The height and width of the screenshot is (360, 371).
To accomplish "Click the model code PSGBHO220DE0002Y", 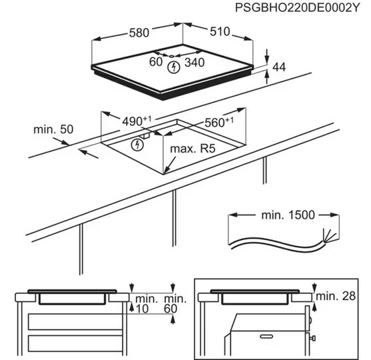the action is pyautogui.click(x=297, y=8).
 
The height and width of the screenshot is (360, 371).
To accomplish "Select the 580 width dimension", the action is pyautogui.click(x=139, y=33).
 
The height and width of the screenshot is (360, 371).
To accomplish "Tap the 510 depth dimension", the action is pyautogui.click(x=220, y=31).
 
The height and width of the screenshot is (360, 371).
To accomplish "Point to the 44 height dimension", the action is pyautogui.click(x=279, y=67).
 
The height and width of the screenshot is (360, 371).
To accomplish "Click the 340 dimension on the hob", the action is pyautogui.click(x=194, y=63).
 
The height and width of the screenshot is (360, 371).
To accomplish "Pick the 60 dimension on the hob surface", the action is pyautogui.click(x=156, y=62).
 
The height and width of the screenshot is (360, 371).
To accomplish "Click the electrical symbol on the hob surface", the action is pyautogui.click(x=174, y=67).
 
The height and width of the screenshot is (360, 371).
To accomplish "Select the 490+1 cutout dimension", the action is pyautogui.click(x=137, y=121).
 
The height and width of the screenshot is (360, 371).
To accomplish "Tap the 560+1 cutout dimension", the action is pyautogui.click(x=219, y=122).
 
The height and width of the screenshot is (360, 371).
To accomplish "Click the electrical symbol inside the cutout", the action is pyautogui.click(x=137, y=144).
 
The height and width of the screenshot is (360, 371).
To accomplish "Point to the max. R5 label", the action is pyautogui.click(x=193, y=149).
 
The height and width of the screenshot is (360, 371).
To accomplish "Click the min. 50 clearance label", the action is pyautogui.click(x=53, y=129).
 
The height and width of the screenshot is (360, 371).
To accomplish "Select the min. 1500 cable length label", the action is pyautogui.click(x=288, y=215).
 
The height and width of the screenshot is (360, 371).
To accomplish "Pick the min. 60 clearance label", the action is pyautogui.click(x=175, y=303).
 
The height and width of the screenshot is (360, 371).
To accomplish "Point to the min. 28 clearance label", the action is pyautogui.click(x=336, y=296).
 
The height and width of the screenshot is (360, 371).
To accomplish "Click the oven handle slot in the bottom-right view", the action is pyautogui.click(x=266, y=336).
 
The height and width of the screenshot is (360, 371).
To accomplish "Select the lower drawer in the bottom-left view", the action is pyautogui.click(x=75, y=343).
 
